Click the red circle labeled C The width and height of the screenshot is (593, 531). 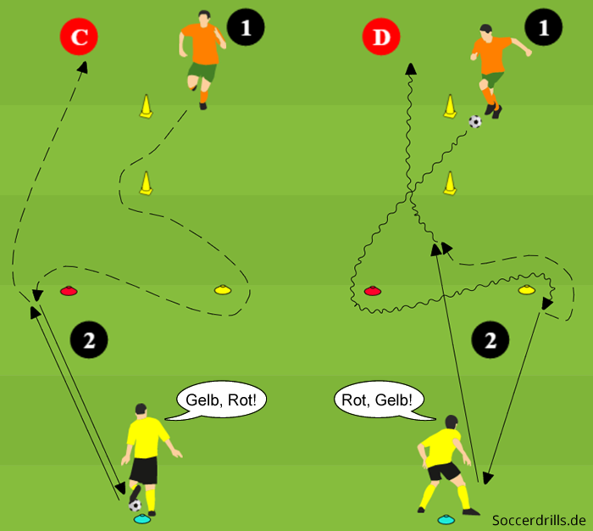[x=79, y=37]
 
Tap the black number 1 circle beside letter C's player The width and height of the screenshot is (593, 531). [x=246, y=28]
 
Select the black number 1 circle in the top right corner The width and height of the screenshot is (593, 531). [x=543, y=28]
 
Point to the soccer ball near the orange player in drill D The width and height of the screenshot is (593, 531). [x=475, y=121]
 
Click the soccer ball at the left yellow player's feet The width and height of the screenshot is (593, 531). [x=135, y=505]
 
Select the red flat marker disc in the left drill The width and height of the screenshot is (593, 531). [x=69, y=291]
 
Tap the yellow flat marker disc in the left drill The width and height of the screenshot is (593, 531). [x=222, y=291]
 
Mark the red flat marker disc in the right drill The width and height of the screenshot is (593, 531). [x=371, y=291]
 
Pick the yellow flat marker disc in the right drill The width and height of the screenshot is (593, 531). [x=526, y=291]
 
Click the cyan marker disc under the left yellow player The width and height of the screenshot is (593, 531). [x=141, y=518]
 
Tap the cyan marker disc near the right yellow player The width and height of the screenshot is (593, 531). [x=445, y=518]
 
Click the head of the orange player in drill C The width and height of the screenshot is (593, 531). [x=203, y=18]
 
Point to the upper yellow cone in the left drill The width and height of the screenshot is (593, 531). [x=147, y=107]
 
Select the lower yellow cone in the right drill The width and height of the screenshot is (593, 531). [x=450, y=182]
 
